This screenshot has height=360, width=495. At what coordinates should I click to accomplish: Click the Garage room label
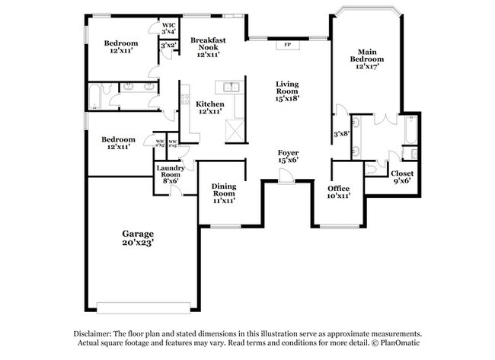click(x=138, y=237)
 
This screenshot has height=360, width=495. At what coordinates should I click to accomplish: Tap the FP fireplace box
click(x=288, y=45)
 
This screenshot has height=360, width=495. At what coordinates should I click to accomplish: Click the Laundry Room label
click(x=168, y=174)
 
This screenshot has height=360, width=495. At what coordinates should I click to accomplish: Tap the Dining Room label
click(x=223, y=194)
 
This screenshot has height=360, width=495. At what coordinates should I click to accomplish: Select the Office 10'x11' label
click(x=338, y=192)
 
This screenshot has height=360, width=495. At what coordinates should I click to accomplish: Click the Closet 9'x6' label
click(x=401, y=177)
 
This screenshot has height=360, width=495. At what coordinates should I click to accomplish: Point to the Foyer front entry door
click(x=285, y=177)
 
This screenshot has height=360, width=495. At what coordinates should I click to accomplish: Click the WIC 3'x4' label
click(x=168, y=27)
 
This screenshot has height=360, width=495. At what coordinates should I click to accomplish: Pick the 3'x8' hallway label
click(x=340, y=134)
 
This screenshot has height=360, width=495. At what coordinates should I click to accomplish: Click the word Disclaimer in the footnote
click(x=95, y=334)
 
